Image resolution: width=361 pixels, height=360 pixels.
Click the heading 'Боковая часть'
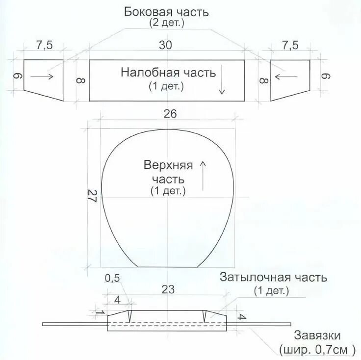166,12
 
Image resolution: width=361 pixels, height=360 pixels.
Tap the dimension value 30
166,45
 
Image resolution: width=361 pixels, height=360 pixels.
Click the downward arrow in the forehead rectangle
222,79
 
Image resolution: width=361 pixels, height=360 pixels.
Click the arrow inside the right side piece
287,76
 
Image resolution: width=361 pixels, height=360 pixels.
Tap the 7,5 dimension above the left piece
44,45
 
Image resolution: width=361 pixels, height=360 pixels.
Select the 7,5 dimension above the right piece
290,45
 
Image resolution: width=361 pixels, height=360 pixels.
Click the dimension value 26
169,114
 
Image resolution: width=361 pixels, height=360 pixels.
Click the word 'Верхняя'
169,165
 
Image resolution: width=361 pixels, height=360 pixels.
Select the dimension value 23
168,289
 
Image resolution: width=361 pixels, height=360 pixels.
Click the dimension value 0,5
112,278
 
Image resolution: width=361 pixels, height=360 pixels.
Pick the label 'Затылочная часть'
273,278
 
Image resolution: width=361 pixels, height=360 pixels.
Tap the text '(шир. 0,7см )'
317,350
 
